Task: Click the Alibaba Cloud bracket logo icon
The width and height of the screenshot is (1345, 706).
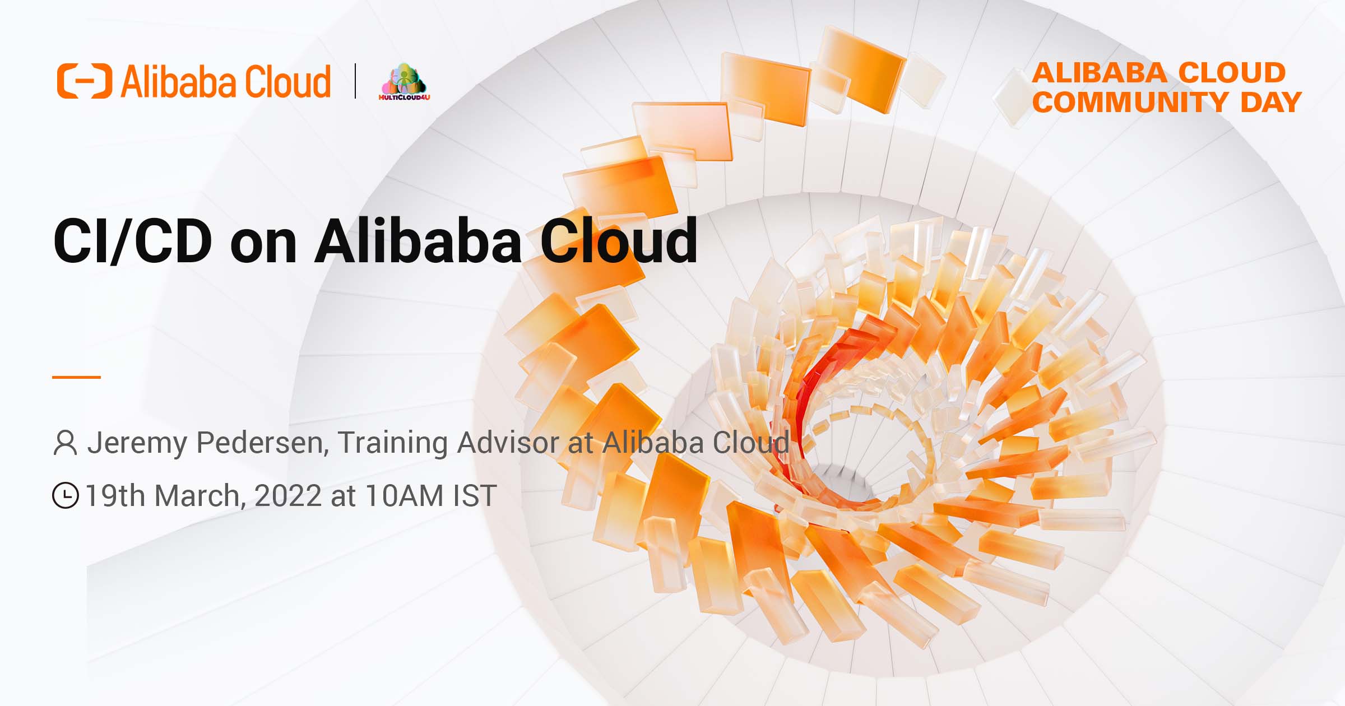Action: click(x=84, y=81)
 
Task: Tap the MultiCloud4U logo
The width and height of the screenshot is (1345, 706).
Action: click(x=404, y=82)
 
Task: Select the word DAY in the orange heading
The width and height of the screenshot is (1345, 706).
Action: click(x=1270, y=103)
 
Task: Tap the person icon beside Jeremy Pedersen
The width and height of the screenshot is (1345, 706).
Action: click(x=65, y=443)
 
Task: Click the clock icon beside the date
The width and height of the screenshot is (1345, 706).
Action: click(x=66, y=495)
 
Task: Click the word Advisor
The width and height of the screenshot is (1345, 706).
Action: click(x=508, y=443)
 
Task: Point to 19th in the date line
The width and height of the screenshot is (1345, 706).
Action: click(x=115, y=496)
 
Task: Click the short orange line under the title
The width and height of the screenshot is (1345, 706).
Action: click(x=76, y=377)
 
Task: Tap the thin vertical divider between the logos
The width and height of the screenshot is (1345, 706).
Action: click(x=355, y=81)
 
